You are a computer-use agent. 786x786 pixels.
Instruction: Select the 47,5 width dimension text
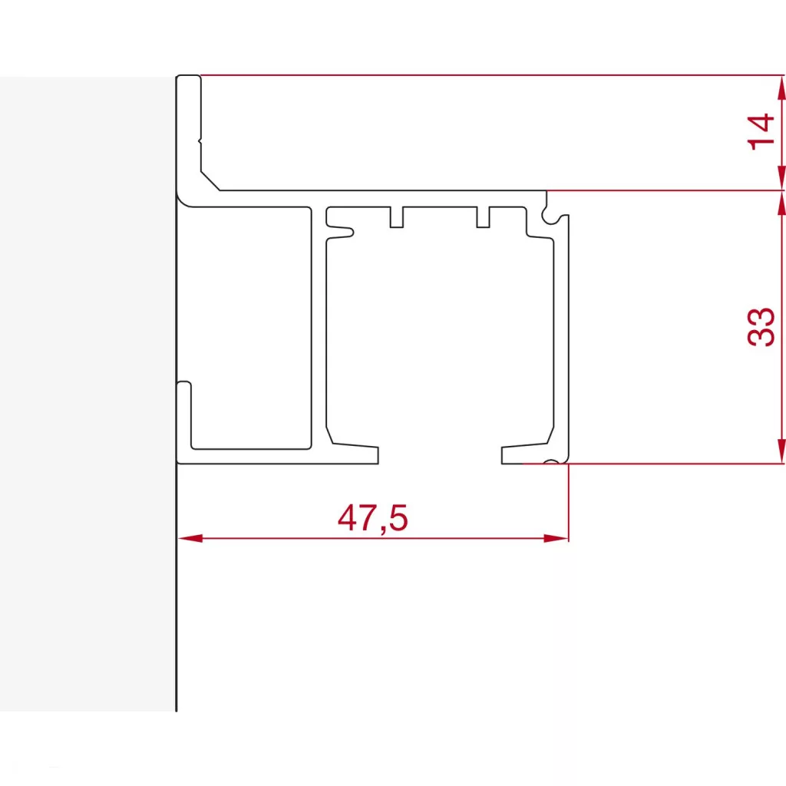(372, 520)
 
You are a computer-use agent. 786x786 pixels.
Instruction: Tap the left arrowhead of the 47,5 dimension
(189, 538)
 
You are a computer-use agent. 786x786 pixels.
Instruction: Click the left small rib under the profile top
(397, 217)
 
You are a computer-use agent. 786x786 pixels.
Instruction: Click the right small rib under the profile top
(484, 217)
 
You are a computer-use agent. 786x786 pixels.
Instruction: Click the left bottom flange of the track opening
(353, 454)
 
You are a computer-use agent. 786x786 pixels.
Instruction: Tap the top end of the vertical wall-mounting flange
(189, 79)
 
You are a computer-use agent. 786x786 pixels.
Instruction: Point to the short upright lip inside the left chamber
(184, 414)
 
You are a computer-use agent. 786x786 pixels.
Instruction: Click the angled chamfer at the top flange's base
(210, 181)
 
